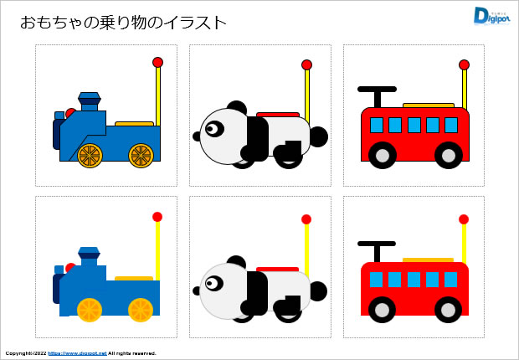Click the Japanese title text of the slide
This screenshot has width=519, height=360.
point(123,23)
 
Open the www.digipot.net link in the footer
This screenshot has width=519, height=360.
point(77,353)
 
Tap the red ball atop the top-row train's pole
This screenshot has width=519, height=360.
point(157,62)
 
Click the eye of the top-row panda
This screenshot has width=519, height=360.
point(213,129)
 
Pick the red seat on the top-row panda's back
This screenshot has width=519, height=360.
point(278,115)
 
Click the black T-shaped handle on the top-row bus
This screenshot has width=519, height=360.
point(378,90)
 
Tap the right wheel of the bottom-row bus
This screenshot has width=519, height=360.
point(449,309)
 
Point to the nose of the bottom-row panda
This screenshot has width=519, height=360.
point(197,291)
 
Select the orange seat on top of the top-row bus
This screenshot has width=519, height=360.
point(428,105)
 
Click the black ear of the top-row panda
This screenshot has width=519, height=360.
point(237,107)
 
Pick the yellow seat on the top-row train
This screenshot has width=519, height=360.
point(134,123)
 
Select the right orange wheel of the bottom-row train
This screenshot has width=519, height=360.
point(140,310)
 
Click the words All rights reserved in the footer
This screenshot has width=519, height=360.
point(132,353)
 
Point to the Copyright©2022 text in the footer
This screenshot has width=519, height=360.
point(25,353)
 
